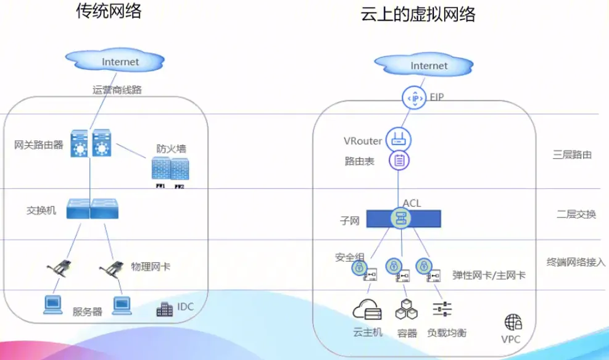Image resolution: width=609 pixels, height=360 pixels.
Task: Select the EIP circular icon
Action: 415,98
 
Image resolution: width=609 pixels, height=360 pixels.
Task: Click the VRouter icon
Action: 398,138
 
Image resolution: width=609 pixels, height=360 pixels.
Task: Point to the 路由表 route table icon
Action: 399,161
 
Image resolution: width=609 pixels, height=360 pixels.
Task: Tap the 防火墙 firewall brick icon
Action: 170,169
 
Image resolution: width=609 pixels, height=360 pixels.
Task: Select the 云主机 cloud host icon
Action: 367,309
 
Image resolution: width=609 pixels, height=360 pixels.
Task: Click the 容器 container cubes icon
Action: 407,309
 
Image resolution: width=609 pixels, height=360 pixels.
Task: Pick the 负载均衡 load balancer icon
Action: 442,309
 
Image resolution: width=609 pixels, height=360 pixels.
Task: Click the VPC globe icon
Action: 513,322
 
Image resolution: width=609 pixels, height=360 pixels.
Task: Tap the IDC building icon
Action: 165,309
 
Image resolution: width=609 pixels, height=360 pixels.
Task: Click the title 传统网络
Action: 109,12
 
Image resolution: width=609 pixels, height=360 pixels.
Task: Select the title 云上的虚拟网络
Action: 418,14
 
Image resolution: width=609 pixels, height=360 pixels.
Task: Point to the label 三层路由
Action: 572,154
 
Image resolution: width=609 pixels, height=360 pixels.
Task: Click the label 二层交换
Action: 576,214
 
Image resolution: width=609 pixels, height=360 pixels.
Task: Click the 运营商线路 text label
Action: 117,90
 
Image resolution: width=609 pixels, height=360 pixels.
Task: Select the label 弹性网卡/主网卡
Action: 489,275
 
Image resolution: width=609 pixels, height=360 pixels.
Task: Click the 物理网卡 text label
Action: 151,267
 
